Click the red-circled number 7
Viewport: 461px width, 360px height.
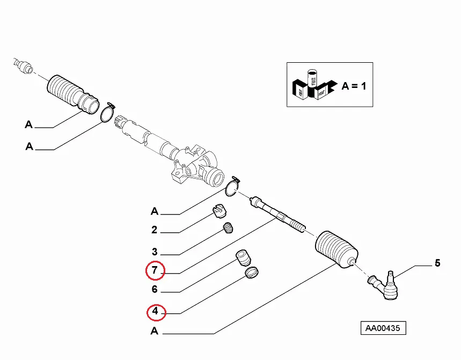click(155, 271)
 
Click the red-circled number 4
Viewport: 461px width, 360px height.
click(155, 311)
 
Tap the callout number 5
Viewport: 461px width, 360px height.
click(437, 263)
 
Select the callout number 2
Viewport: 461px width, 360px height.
click(154, 231)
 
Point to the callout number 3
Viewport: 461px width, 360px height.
click(154, 252)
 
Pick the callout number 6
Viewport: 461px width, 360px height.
click(154, 290)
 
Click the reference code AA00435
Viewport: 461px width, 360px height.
click(383, 328)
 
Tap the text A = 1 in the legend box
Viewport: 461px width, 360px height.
click(354, 86)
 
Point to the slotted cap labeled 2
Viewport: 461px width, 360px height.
click(218, 212)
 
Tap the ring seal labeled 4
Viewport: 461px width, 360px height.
click(251, 274)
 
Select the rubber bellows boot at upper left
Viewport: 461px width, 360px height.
click(71, 92)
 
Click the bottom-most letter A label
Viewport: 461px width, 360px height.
click(154, 332)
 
